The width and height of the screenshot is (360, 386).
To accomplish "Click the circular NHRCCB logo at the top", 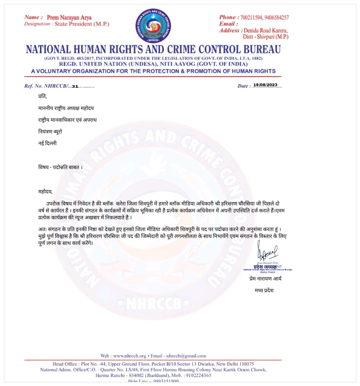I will tap(153, 25).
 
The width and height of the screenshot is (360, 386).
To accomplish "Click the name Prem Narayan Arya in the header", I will tap(69, 18).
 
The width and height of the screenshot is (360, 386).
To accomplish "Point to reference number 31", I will tap(75, 86).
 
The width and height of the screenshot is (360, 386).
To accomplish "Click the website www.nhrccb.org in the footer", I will tap(130, 356).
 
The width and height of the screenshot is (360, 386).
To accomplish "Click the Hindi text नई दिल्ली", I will tap(47, 143).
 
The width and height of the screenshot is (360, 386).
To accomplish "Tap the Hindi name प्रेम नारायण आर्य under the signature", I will tap(265, 279).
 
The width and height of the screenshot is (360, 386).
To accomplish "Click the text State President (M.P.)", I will tap(82, 24).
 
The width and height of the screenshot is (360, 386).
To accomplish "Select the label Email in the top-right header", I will tap(227, 24).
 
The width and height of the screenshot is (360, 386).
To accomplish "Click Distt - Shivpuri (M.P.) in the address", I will tap(266, 37).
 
